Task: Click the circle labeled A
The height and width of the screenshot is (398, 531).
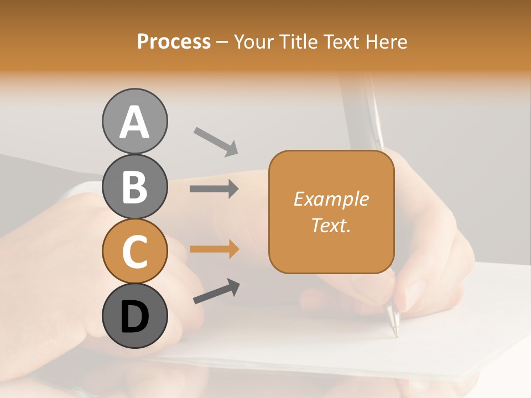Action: pyautogui.click(x=134, y=121)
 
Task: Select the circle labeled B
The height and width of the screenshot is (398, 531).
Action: pyautogui.click(x=134, y=186)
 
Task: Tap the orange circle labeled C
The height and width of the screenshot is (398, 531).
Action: pyautogui.click(x=134, y=252)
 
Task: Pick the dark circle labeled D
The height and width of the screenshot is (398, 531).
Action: pyautogui.click(x=134, y=316)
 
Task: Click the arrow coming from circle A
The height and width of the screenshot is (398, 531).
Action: pyautogui.click(x=216, y=142)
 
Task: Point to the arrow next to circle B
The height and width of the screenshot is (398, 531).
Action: pyautogui.click(x=214, y=189)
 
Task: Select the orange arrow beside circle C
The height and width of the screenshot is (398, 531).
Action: pyautogui.click(x=214, y=249)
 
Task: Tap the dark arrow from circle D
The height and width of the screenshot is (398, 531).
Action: pyautogui.click(x=216, y=292)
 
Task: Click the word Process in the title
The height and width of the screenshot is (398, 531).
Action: pyautogui.click(x=174, y=41)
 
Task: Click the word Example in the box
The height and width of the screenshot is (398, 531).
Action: pyautogui.click(x=331, y=199)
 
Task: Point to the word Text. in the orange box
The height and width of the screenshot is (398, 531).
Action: pyautogui.click(x=331, y=225)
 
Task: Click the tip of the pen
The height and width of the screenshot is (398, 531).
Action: pyautogui.click(x=395, y=335)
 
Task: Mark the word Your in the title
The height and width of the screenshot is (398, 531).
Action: pyautogui.click(x=255, y=41)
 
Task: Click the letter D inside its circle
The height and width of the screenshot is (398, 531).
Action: pyautogui.click(x=134, y=317)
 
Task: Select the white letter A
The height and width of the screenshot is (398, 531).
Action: pyautogui.click(x=134, y=122)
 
